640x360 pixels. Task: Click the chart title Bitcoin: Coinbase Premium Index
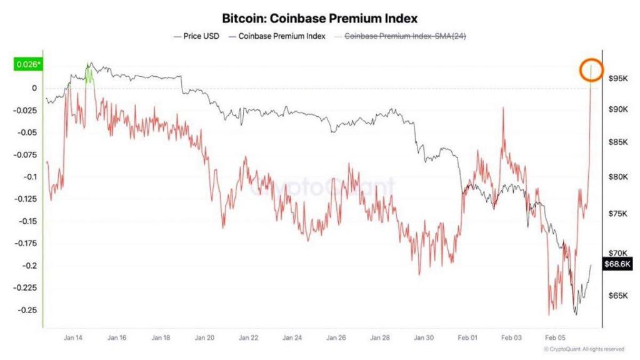tap(319, 19)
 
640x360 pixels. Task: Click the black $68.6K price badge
tap(617, 264)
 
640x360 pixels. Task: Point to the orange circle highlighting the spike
tap(591, 70)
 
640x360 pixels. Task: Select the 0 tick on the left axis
tap(34, 88)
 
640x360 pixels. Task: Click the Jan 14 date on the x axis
tap(73, 337)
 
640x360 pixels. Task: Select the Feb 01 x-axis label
tap(467, 337)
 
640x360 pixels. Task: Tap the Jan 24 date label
tap(292, 337)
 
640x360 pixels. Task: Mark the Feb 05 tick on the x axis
tap(555, 337)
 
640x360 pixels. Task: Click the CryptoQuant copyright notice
tap(584, 349)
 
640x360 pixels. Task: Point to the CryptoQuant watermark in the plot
tap(322, 186)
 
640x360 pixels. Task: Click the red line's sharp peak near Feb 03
tap(502, 107)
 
